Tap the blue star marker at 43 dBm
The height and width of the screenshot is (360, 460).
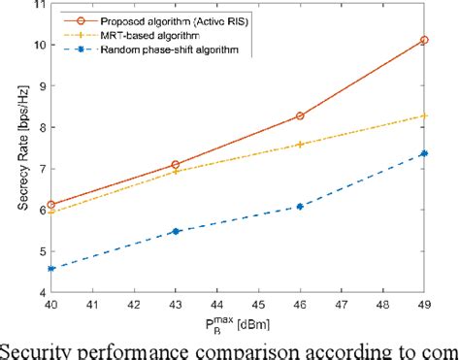(x=175, y=231)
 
